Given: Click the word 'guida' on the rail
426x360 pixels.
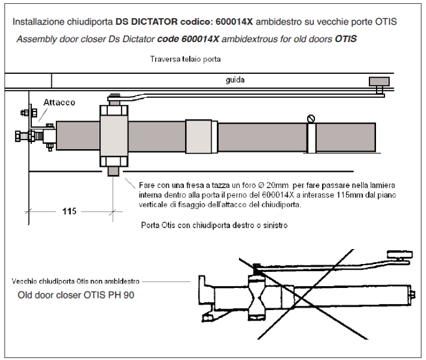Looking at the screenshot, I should click(234, 82).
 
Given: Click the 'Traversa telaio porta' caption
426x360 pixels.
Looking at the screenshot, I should click(186, 60).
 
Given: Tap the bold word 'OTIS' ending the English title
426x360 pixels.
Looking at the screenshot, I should click(346, 40).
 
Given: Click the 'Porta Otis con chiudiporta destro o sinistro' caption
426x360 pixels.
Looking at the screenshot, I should click(214, 226).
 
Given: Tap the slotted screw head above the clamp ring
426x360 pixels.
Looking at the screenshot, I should click(311, 118).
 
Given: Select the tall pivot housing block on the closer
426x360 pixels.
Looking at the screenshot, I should click(114, 137).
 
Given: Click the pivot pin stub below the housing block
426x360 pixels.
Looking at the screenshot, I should click(114, 173).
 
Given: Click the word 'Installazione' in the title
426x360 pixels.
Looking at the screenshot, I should click(41, 22).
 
